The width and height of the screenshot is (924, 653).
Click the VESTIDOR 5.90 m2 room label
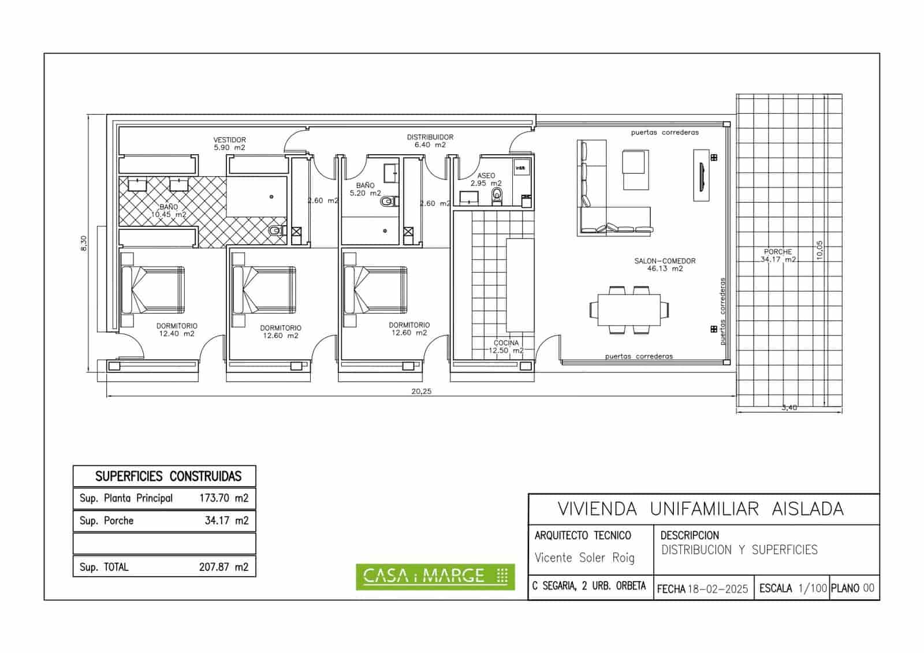[x=229, y=144]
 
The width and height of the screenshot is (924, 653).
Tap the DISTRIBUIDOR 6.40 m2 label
[x=430, y=141]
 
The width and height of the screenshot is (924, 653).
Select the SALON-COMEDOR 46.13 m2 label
[x=665, y=264]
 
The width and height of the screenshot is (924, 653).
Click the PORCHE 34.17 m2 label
[x=777, y=256]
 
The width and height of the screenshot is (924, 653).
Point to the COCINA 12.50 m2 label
[x=506, y=346]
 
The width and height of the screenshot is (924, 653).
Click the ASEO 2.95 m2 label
[x=486, y=180]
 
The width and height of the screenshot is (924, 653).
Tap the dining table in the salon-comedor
[x=629, y=310]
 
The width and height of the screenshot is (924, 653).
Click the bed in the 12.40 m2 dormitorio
[x=153, y=290]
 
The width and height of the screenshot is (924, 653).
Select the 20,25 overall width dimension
[x=421, y=391]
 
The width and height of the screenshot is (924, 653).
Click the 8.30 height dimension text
[x=84, y=243]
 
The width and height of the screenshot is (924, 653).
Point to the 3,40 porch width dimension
[x=789, y=408]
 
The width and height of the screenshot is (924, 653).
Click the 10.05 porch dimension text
[x=819, y=251]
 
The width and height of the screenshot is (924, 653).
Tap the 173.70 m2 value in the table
[x=223, y=498]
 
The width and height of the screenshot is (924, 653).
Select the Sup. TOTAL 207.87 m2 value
[x=223, y=567]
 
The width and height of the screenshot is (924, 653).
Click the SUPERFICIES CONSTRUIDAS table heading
[x=168, y=476]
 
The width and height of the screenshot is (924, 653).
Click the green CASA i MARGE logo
[x=435, y=576]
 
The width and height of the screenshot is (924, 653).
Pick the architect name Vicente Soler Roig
[x=584, y=558]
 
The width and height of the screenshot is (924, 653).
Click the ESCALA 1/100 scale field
[x=792, y=588]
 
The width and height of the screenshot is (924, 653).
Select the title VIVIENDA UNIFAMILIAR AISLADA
[x=700, y=509]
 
